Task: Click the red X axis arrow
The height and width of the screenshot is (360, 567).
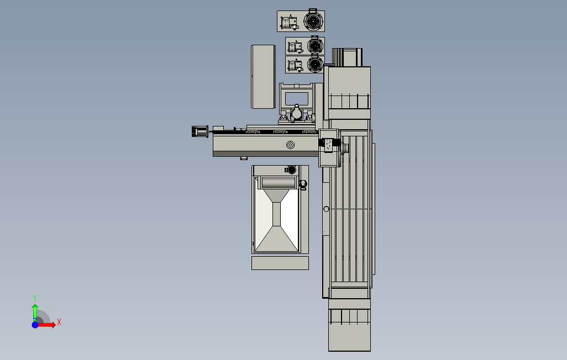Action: pyautogui.click(x=46, y=325)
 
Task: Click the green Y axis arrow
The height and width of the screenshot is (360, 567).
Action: pyautogui.click(x=35, y=313)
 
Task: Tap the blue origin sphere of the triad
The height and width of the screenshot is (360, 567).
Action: pyautogui.click(x=35, y=325)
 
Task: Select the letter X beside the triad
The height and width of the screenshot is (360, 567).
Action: pyautogui.click(x=59, y=322)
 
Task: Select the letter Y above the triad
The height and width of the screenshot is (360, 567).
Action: pyautogui.click(x=35, y=298)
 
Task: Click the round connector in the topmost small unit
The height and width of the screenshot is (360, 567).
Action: pyautogui.click(x=312, y=21)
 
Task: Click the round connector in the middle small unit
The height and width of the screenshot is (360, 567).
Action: pyautogui.click(x=315, y=46)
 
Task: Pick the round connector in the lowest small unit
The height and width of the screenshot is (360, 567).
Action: pyautogui.click(x=315, y=65)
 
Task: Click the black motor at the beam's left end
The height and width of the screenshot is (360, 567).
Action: pyautogui.click(x=200, y=131)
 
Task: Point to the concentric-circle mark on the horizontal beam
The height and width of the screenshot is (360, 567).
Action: pyautogui.click(x=290, y=145)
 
